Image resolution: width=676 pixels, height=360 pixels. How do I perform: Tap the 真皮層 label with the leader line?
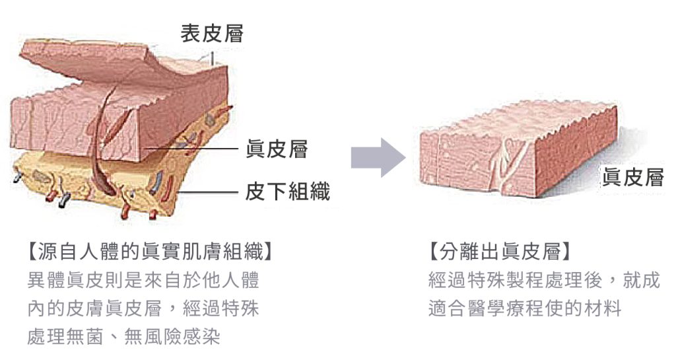pos(277,149)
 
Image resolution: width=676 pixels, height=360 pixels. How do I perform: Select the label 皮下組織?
pos(288,192)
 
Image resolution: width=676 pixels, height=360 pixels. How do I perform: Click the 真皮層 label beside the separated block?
pos(633,177)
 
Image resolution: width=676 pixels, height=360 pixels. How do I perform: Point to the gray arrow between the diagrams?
pos(378,158)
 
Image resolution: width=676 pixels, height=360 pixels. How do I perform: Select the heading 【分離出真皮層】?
pos(500,252)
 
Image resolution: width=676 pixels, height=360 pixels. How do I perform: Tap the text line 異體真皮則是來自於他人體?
pos(143,280)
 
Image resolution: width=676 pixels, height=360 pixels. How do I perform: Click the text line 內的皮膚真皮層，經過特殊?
pos(143,308)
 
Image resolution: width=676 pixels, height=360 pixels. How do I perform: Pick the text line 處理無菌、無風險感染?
pos(123,337)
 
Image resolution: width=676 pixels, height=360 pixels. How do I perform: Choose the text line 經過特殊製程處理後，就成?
pos(544,280)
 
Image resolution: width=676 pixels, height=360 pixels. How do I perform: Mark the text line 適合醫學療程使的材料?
pos(525,308)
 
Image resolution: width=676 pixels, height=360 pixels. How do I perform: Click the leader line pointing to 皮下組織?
pos(208,192)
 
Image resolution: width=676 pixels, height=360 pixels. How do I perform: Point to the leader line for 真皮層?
pos(191,149)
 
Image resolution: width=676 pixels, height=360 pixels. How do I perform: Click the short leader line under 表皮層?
pos(212,59)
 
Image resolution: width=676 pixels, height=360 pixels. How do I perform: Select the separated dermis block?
pos(520,149)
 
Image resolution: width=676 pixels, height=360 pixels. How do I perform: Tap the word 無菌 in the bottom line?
pos(85,337)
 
